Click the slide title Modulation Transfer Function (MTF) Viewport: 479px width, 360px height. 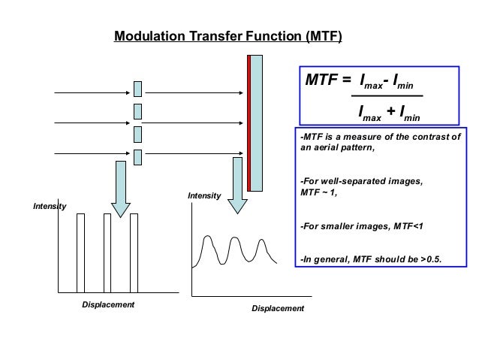click(227, 35)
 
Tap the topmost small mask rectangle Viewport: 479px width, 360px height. click(138, 89)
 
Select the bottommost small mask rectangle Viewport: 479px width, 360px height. click(138, 156)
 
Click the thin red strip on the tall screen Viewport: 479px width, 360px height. click(249, 120)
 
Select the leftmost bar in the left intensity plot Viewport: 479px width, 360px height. click(80, 252)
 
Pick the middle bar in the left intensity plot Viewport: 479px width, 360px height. click(107, 252)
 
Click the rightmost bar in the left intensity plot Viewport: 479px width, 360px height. click(134, 252)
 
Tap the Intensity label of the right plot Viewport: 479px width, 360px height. click(204, 195)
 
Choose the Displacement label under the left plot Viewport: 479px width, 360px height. click(107, 304)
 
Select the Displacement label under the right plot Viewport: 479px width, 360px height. click(278, 309)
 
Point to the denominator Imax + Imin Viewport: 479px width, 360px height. click(388, 113)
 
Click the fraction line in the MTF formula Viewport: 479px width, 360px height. click(388, 96)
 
